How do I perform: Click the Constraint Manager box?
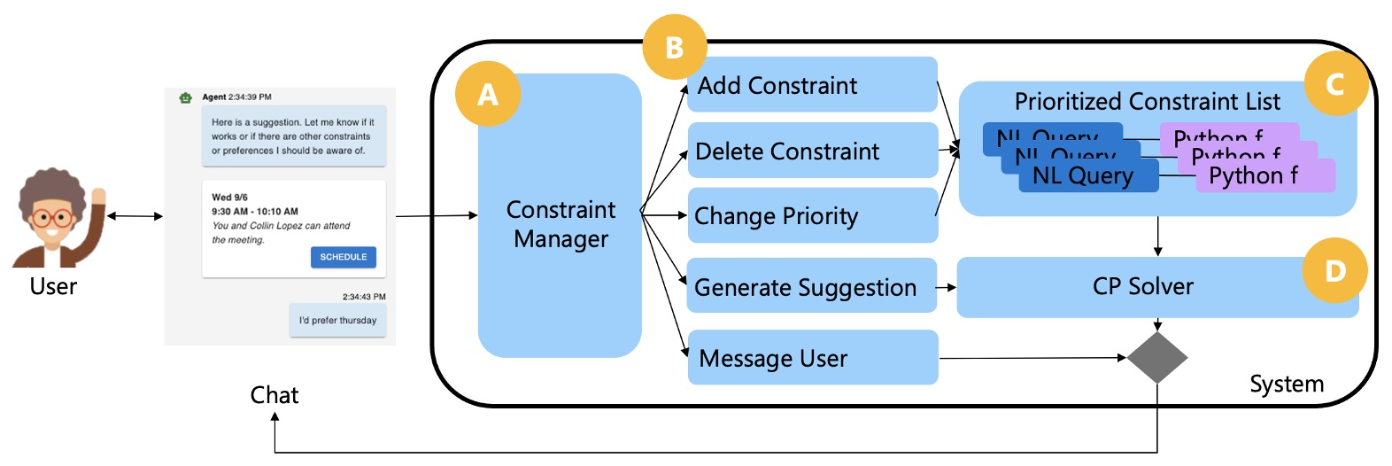point(560,223)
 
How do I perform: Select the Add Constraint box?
point(811,85)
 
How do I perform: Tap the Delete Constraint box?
point(811,151)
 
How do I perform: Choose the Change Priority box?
point(811,215)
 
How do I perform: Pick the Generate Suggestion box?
point(811,286)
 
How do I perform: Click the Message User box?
point(811,358)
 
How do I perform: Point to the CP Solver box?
point(1142,286)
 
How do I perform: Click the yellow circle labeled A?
point(487,94)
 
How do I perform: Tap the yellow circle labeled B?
point(674,47)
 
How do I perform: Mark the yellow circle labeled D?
point(1334,270)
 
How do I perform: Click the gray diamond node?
point(1157,358)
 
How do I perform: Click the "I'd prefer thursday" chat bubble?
point(337,321)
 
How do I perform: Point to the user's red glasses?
point(51,217)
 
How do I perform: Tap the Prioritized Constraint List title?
point(1147,102)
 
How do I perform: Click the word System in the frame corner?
point(1286,384)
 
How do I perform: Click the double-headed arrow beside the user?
point(135,215)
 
